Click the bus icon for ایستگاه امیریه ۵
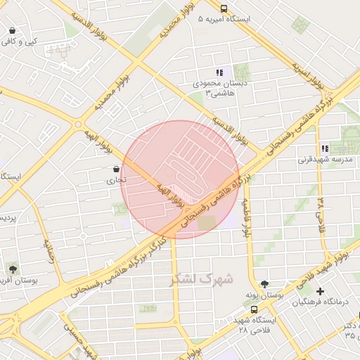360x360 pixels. click(224, 9)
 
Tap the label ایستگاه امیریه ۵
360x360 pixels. click(224, 20)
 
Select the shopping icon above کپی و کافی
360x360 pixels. click(13, 31)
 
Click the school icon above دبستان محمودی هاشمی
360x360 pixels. click(219, 72)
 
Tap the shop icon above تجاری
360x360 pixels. click(116, 169)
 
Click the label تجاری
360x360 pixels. click(116, 180)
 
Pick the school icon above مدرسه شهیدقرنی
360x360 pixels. click(324, 148)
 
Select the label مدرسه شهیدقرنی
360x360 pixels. click(323, 160)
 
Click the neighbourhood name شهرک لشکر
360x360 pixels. click(202, 279)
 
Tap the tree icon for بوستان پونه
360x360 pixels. click(264, 285)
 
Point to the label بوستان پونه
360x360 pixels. click(264, 295)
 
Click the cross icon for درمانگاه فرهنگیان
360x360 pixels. click(321, 291)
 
